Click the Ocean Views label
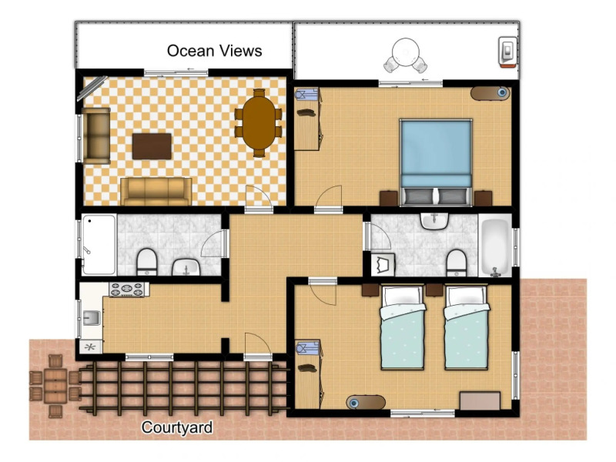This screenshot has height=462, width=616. pyautogui.click(x=215, y=51)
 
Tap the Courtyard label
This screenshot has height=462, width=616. pyautogui.click(x=177, y=427)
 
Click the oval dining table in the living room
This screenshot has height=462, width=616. pyautogui.click(x=259, y=122)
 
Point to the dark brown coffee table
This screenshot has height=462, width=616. pyautogui.click(x=152, y=146)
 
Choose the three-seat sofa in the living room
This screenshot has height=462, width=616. pyautogui.click(x=156, y=191)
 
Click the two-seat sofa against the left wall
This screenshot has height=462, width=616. pyautogui.click(x=97, y=136)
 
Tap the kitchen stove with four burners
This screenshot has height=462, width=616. pyautogui.click(x=126, y=290)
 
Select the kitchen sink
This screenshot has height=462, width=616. pyautogui.click(x=91, y=317)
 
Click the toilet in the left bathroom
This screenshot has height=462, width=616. pyautogui.click(x=147, y=262)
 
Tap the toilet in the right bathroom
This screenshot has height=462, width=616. pyautogui.click(x=457, y=262)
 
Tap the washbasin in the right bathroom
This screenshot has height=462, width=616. pyautogui.click(x=434, y=221)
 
